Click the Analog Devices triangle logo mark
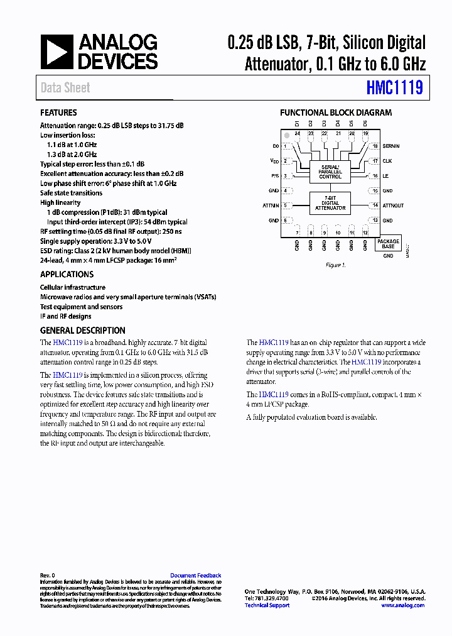(x=57, y=52)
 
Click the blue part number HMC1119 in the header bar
(x=395, y=87)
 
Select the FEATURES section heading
(x=58, y=112)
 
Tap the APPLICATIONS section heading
(x=67, y=274)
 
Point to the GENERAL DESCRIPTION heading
(x=82, y=331)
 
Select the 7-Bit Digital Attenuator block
(x=330, y=204)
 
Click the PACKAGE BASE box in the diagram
(x=388, y=244)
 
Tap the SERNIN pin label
(x=390, y=146)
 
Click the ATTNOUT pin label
(x=393, y=206)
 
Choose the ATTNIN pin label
(x=270, y=206)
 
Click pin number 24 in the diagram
(x=297, y=134)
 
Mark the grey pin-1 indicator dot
(x=287, y=135)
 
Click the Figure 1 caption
(x=335, y=265)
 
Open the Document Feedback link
(x=195, y=576)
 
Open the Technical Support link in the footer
(x=267, y=605)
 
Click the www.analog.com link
(x=402, y=605)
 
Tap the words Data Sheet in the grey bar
(x=65, y=88)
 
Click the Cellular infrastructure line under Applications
(x=73, y=287)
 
